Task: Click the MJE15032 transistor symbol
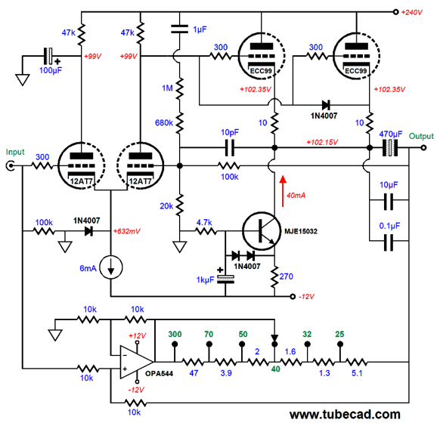[x=262, y=231]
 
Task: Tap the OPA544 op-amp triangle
[x=137, y=362]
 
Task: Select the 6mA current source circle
[x=111, y=267]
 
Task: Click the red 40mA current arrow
[x=283, y=191]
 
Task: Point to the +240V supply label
[x=411, y=12]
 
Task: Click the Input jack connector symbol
[x=11, y=166]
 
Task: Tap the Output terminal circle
[x=423, y=147]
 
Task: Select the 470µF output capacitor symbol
[x=390, y=147]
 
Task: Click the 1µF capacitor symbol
[x=179, y=29]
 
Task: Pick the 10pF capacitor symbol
[x=230, y=147]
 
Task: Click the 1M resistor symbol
[x=179, y=88]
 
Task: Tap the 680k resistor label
[x=164, y=122]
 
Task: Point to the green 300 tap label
[x=175, y=334]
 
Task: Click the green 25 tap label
[x=339, y=334]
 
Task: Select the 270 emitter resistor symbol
[x=274, y=277]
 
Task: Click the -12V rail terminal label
[x=306, y=297]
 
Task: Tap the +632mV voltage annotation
[x=126, y=231]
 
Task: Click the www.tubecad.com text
[x=345, y=415]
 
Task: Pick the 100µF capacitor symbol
[x=48, y=56]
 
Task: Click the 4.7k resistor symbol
[x=206, y=231]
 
